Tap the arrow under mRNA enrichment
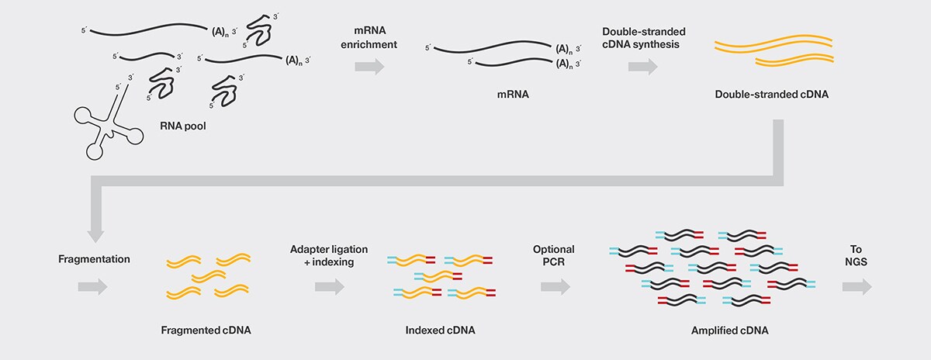369,67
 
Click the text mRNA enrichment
369,37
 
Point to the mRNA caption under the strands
497,96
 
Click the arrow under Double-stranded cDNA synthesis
642,67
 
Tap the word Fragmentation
93,257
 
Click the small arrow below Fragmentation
92,286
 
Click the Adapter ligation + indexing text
329,256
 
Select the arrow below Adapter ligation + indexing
329,286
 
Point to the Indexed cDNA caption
440,330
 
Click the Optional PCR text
553,256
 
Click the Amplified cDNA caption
729,330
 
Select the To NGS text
857,256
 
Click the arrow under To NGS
857,286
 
